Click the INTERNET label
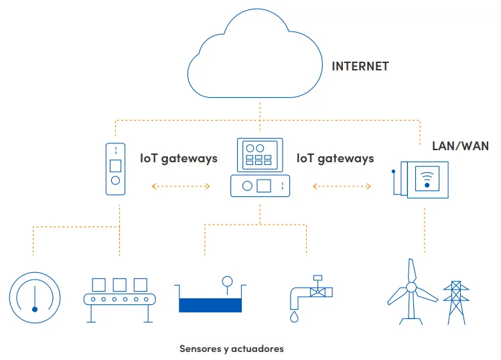tap(360, 66)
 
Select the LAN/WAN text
tap(460, 145)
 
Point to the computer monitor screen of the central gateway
tap(260, 155)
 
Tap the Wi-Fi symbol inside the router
tap(427, 180)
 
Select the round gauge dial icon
tap(35, 274)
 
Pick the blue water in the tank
tap(210, 305)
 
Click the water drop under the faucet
tap(294, 317)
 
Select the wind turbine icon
tap(411, 288)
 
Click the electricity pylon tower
tap(456, 302)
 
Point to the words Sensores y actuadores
tap(232, 349)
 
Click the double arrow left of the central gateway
tap(181, 186)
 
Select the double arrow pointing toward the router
tap(342, 186)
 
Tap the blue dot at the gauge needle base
tap(35, 309)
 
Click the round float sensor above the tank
tap(227, 282)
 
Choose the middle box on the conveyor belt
tap(119, 284)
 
